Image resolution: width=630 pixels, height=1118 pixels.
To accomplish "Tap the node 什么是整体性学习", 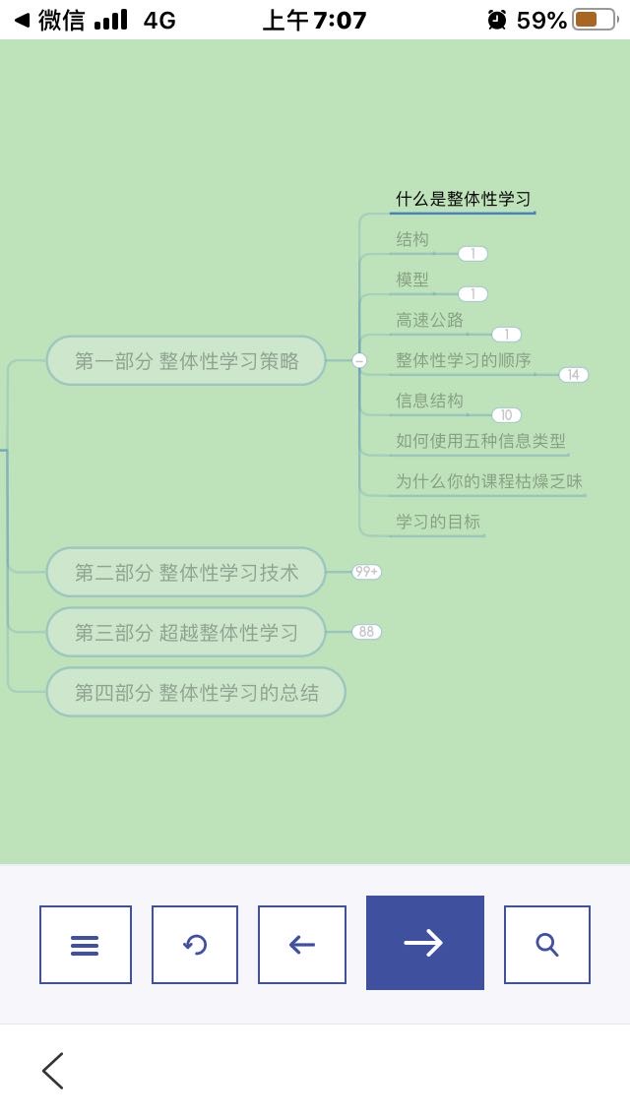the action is coord(463,199).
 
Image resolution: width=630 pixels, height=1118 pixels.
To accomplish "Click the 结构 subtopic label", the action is coord(412,239).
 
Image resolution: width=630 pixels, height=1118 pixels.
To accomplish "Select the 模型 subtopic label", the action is coord(412,279).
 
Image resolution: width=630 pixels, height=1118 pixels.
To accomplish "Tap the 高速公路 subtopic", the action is coord(429,320).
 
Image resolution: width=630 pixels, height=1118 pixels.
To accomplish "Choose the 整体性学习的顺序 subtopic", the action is coord(464,360).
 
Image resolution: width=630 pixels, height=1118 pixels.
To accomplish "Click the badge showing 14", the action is coord(574,374).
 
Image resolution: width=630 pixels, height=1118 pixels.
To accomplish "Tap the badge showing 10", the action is coord(507,415).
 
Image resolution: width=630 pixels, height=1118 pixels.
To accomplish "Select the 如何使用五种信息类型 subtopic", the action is coord(481,441).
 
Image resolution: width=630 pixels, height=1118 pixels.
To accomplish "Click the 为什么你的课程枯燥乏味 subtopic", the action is coord(489,481).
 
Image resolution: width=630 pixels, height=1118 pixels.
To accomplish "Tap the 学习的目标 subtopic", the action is coord(438,522).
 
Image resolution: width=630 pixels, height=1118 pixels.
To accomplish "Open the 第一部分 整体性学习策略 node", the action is coord(186,361).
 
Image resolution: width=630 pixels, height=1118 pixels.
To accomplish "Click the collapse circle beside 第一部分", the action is coord(359,361).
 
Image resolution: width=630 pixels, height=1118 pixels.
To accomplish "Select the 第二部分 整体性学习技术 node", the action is coord(186,572).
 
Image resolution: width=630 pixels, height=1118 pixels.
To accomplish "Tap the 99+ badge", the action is coord(367,572).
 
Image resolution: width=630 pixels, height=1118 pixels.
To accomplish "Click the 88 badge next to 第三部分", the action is coord(367,632).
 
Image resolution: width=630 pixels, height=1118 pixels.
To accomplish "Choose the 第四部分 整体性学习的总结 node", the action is coord(196,692).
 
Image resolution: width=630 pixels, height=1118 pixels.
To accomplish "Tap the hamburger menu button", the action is coord(86,945).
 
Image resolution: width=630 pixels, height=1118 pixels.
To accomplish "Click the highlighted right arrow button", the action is coord(425,943).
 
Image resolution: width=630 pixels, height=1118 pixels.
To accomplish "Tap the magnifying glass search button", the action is coord(547,945).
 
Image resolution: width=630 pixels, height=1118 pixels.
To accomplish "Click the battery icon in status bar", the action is coord(596,20).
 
